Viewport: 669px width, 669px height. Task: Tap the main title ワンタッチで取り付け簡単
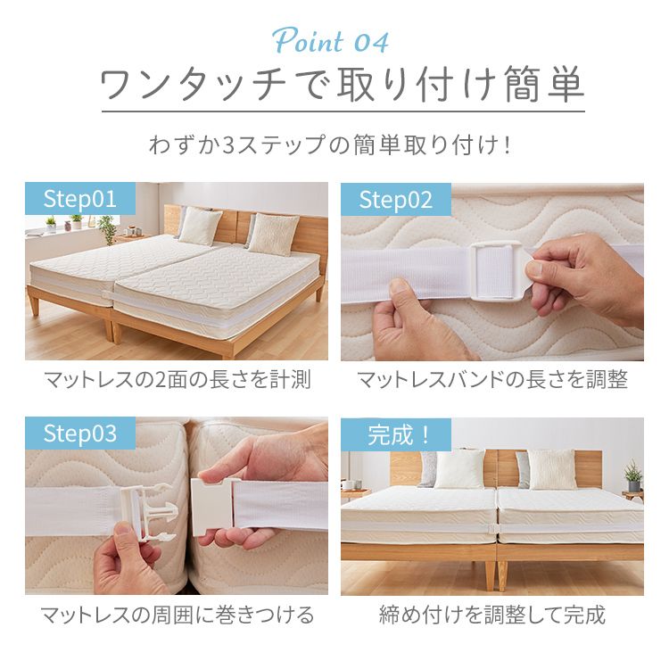pyautogui.click(x=343, y=86)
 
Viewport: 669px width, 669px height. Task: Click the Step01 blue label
pyautogui.click(x=79, y=199)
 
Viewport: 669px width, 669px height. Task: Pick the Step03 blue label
pyautogui.click(x=80, y=434)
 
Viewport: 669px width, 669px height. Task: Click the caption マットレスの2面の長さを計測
pyautogui.click(x=177, y=380)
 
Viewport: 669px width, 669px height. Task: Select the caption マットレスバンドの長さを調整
pyautogui.click(x=492, y=380)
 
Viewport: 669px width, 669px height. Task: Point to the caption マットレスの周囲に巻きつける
pyautogui.click(x=177, y=615)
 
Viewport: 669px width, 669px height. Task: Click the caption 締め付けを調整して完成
pyautogui.click(x=492, y=615)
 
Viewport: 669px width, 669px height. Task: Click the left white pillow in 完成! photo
pyautogui.click(x=459, y=468)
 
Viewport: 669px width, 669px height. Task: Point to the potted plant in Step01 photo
pyautogui.click(x=108, y=228)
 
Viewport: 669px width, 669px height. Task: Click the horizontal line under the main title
pyautogui.click(x=343, y=111)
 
